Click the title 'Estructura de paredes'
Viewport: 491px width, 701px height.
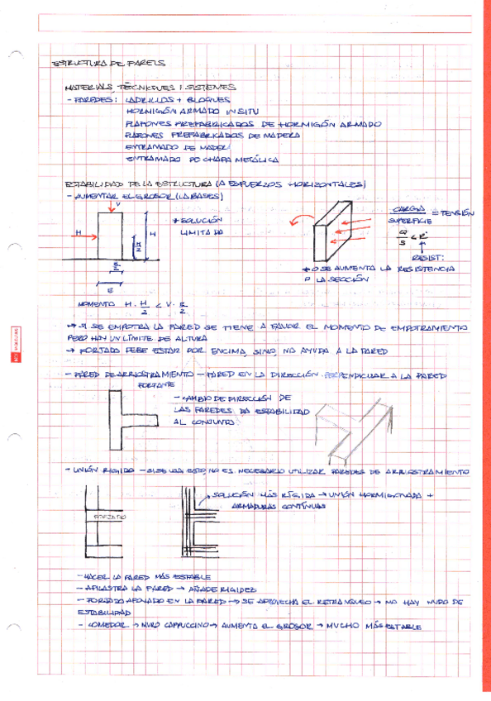108,63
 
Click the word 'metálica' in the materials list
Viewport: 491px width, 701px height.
258,159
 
